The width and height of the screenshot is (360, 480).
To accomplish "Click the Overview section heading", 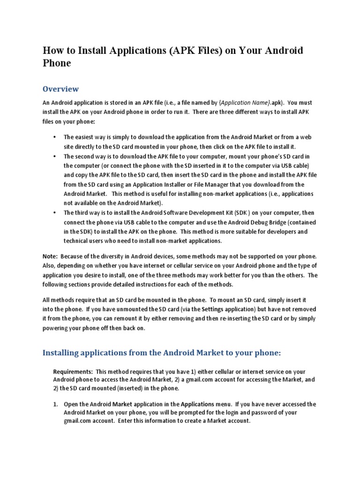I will tap(61, 89).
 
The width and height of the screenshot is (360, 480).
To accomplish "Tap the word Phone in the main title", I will tap(57, 63).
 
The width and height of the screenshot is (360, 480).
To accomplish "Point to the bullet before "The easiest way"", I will tap(55, 137).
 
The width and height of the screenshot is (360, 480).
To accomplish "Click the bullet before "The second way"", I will tap(55, 156).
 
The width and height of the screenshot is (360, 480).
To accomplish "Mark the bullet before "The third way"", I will tap(55, 212).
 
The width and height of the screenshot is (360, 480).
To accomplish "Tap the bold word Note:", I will tap(50, 256).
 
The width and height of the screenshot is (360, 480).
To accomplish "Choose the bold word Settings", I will tap(202, 309).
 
